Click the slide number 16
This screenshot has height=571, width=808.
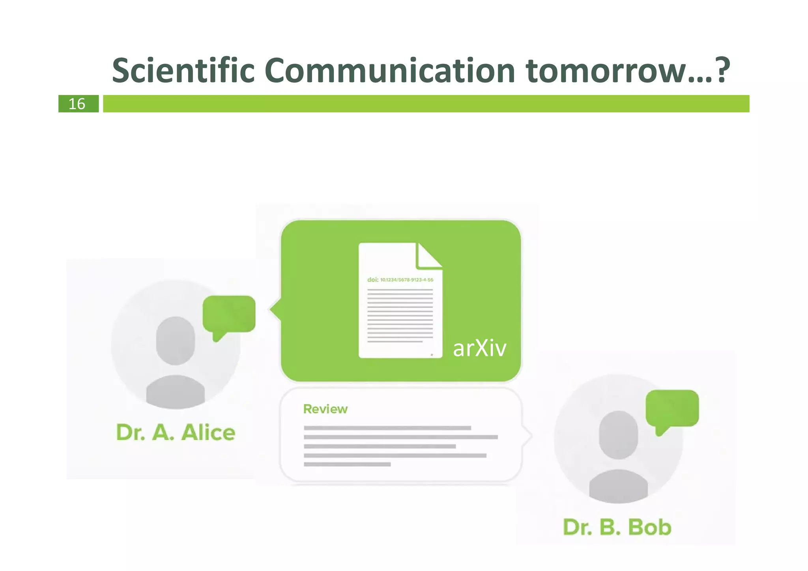pyautogui.click(x=77, y=104)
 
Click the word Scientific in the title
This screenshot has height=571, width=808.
pyautogui.click(x=183, y=71)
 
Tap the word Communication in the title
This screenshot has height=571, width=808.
pyautogui.click(x=389, y=71)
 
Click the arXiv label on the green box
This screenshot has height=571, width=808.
pyautogui.click(x=479, y=348)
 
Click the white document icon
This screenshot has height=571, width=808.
pyautogui.click(x=400, y=312)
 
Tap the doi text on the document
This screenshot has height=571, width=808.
pyautogui.click(x=400, y=280)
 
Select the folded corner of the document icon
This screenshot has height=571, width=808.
pyautogui.click(x=429, y=256)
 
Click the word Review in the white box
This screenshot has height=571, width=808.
pyautogui.click(x=325, y=409)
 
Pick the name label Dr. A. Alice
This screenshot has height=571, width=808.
pyautogui.click(x=176, y=432)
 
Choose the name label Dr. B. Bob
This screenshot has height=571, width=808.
pyautogui.click(x=617, y=527)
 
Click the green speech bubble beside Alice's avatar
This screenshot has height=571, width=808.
pyautogui.click(x=229, y=315)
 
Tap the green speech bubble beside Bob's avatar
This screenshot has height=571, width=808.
pyautogui.click(x=672, y=409)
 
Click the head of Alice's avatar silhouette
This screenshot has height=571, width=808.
pyautogui.click(x=176, y=340)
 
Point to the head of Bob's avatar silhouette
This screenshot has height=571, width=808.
pyautogui.click(x=618, y=434)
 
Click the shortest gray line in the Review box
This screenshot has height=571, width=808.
pyautogui.click(x=347, y=464)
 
